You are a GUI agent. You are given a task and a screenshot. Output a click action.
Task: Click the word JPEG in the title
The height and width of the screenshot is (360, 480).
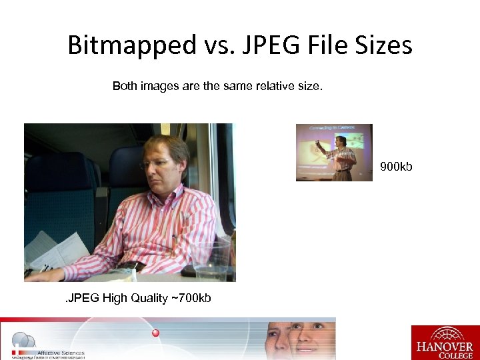[x=259, y=46]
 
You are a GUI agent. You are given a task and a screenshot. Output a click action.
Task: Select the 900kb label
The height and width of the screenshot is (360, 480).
[x=396, y=166]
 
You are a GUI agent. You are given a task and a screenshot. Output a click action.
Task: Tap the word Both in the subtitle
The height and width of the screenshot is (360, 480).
[x=125, y=86]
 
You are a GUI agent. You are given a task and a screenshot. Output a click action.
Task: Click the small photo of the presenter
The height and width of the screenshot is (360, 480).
[x=335, y=152]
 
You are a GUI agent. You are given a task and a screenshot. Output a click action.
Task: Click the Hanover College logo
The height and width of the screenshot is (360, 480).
[x=445, y=343]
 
